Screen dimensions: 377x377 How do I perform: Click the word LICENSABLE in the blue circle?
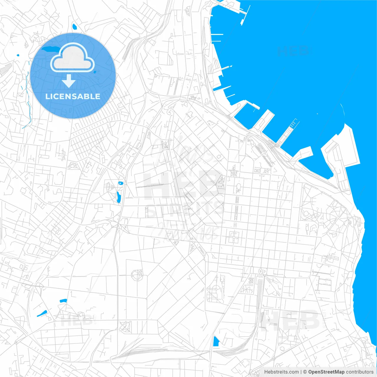click(73, 96)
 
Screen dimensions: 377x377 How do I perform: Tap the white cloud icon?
click(72, 58)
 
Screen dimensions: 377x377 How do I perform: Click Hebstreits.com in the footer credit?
click(281, 372)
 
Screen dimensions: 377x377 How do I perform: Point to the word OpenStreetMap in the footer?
click(326, 372)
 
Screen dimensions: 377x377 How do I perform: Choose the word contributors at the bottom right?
click(360, 372)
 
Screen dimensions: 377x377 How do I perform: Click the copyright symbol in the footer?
click(305, 372)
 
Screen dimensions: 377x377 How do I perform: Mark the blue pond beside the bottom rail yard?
click(216, 341)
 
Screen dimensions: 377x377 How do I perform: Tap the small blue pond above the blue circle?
click(74, 27)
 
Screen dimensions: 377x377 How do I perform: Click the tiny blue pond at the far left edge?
click(18, 55)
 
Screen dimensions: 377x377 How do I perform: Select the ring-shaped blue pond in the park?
click(120, 183)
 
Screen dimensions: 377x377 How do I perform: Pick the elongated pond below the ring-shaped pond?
click(118, 197)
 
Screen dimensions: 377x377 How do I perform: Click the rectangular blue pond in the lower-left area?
click(63, 301)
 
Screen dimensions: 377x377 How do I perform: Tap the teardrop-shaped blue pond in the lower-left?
click(42, 313)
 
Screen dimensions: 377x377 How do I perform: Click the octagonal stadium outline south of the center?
click(137, 275)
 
